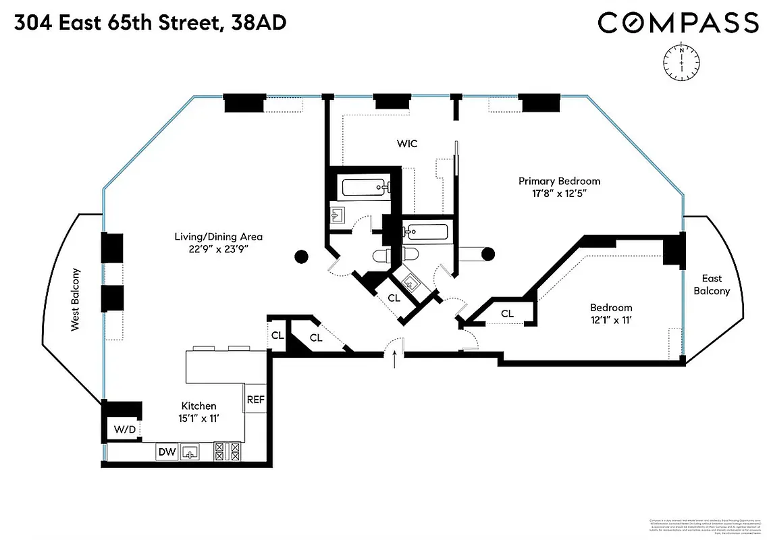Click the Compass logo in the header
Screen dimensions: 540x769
pyautogui.click(x=678, y=23)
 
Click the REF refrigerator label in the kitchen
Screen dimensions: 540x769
pyautogui.click(x=255, y=399)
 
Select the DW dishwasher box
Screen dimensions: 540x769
pyautogui.click(x=166, y=452)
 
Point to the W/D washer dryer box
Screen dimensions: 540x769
pyautogui.click(x=123, y=429)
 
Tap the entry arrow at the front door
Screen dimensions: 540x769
pyautogui.click(x=395, y=359)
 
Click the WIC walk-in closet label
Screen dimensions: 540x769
pyautogui.click(x=407, y=144)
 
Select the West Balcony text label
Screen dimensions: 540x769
pyautogui.click(x=76, y=300)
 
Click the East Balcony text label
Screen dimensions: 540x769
pyautogui.click(x=712, y=285)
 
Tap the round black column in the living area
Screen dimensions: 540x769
pyautogui.click(x=302, y=256)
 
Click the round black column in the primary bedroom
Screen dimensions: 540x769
pyautogui.click(x=487, y=254)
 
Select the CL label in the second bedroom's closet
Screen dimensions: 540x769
pyautogui.click(x=507, y=313)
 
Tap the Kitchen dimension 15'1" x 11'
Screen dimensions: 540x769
pyautogui.click(x=198, y=419)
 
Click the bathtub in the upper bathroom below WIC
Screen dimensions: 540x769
pyautogui.click(x=364, y=186)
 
